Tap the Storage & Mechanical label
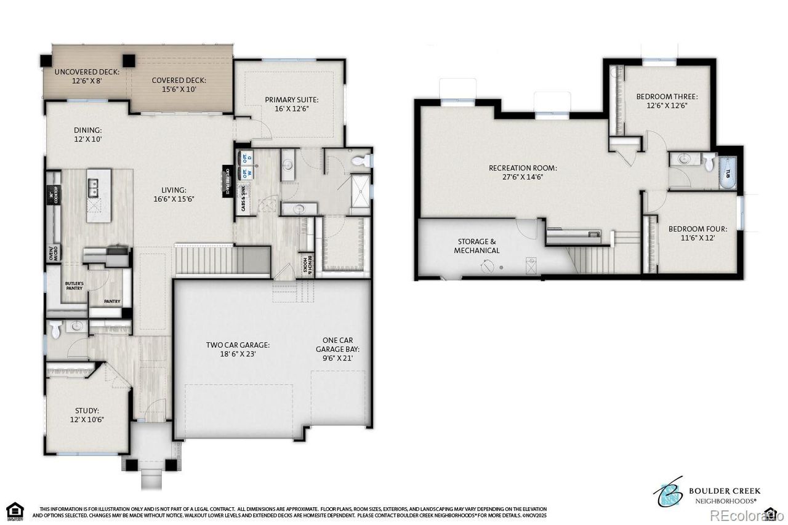coord(476,246)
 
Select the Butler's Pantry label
coord(74,286)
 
